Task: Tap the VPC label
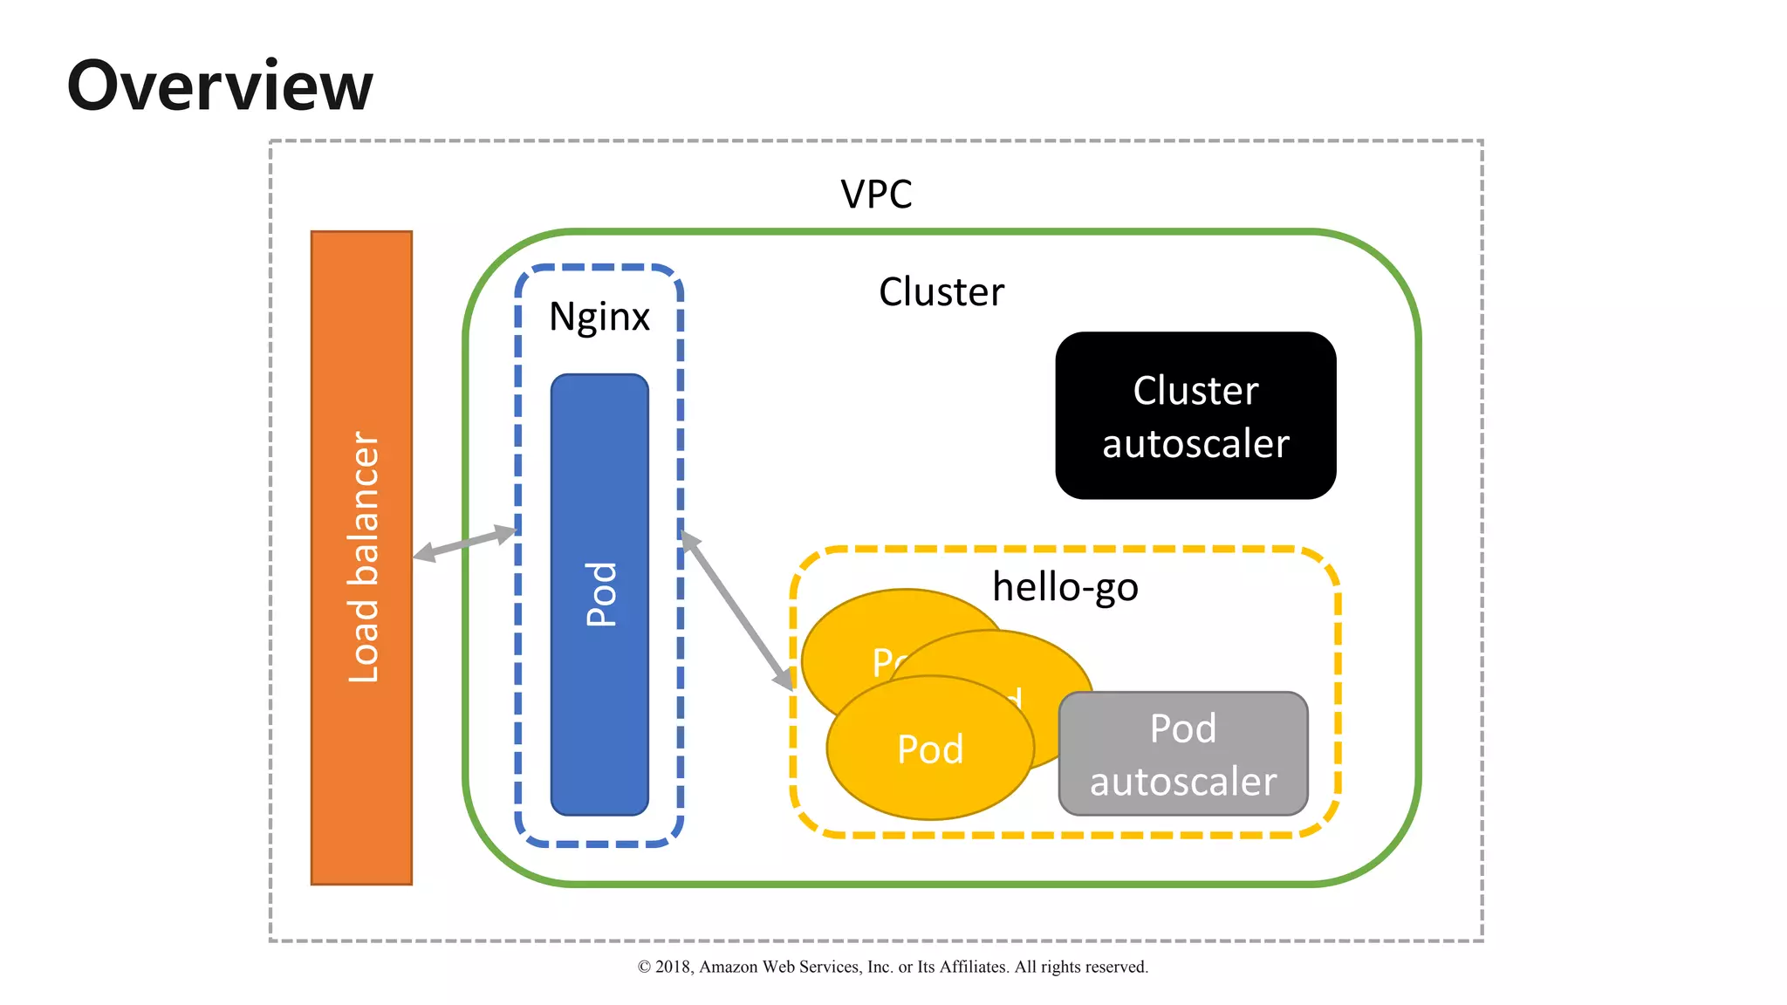click(876, 194)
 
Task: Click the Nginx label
click(599, 317)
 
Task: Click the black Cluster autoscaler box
click(1195, 415)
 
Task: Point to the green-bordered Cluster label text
click(941, 291)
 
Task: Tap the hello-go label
click(1065, 586)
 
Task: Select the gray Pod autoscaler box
click(1183, 754)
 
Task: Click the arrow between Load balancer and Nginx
click(465, 542)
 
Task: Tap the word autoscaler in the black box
click(1195, 444)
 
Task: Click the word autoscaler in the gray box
click(1183, 782)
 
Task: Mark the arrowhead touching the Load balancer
click(424, 552)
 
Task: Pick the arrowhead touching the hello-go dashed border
click(784, 680)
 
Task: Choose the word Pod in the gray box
click(1183, 728)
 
